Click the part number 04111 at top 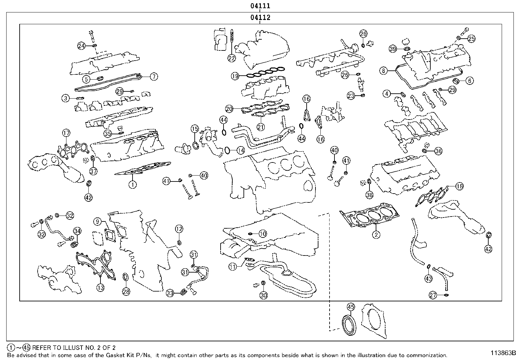[260, 6]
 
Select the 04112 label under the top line [260, 18]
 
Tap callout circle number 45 [350, 307]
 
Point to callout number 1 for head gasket [132, 185]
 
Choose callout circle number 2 [376, 235]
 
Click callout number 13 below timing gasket [100, 288]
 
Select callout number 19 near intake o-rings [235, 76]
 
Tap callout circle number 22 [231, 58]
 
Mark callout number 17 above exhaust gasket [66, 133]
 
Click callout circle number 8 [384, 70]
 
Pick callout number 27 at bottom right [433, 295]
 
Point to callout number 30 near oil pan [263, 295]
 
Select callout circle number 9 [98, 222]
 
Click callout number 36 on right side [438, 151]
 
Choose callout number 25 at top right [471, 39]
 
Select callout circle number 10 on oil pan [263, 234]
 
